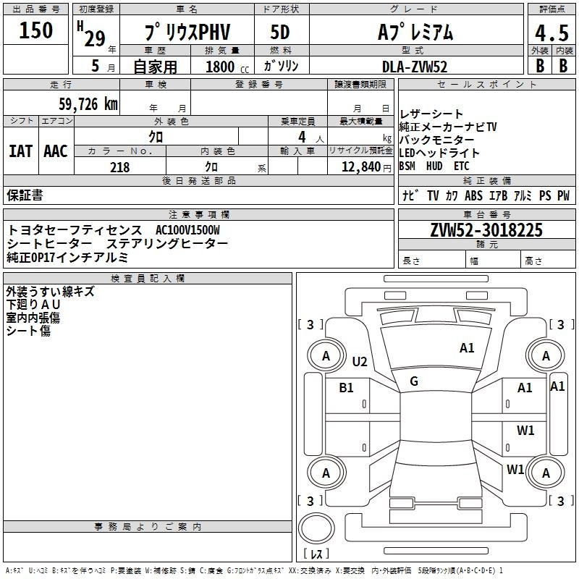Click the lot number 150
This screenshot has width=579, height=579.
tap(36, 30)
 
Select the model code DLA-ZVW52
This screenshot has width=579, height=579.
tap(415, 66)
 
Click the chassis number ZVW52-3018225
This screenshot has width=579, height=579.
tap(486, 230)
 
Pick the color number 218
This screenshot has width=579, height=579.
tap(119, 167)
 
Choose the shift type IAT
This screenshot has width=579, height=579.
tap(20, 151)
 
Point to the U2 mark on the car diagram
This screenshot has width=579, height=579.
tap(360, 362)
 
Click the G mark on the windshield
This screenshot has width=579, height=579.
tap(414, 381)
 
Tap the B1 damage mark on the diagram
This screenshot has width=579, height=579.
tap(347, 388)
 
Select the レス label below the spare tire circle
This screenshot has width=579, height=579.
tap(316, 554)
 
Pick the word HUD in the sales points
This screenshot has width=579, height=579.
tap(434, 166)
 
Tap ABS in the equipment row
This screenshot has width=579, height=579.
tap(473, 195)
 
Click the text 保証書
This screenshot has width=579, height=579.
tap(25, 195)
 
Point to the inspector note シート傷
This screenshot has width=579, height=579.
tap(28, 330)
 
